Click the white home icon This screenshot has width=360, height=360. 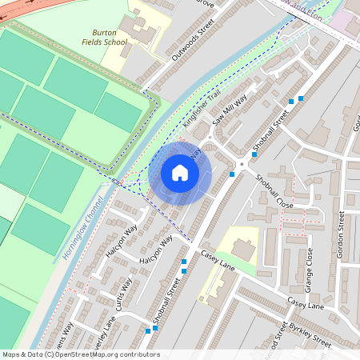pos(180,173)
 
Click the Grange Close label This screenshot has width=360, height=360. pos(309,270)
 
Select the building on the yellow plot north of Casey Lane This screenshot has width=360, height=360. pos(244,251)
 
